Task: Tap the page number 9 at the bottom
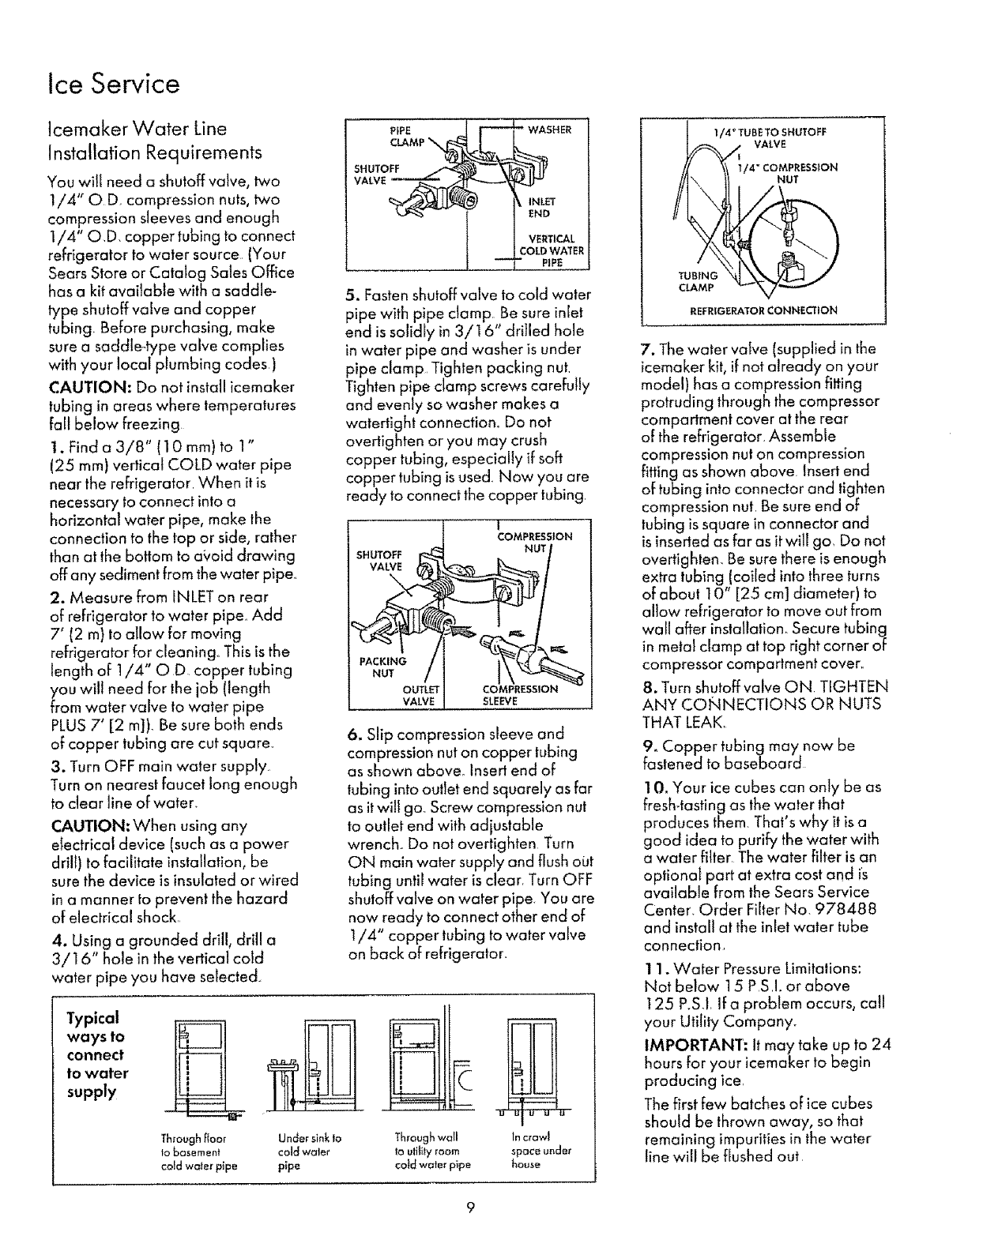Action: click(x=469, y=1206)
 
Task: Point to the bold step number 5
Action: click(x=351, y=296)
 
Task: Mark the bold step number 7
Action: click(x=645, y=349)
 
